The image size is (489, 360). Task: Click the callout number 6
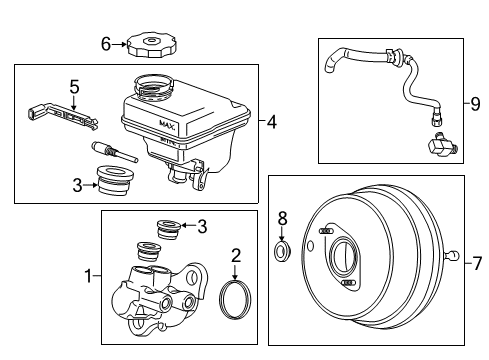[105, 42]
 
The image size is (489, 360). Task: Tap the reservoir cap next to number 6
[152, 44]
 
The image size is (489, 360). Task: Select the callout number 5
[72, 87]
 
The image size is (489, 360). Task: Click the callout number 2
[235, 256]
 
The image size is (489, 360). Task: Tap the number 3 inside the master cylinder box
[203, 227]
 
